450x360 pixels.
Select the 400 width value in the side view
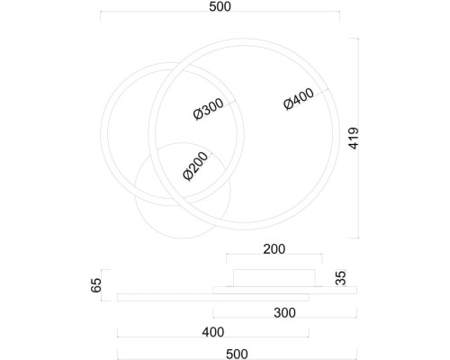point(212,332)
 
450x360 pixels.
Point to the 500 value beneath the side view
point(237,353)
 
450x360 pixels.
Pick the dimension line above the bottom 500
point(237,343)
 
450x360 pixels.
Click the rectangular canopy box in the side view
point(273,277)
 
